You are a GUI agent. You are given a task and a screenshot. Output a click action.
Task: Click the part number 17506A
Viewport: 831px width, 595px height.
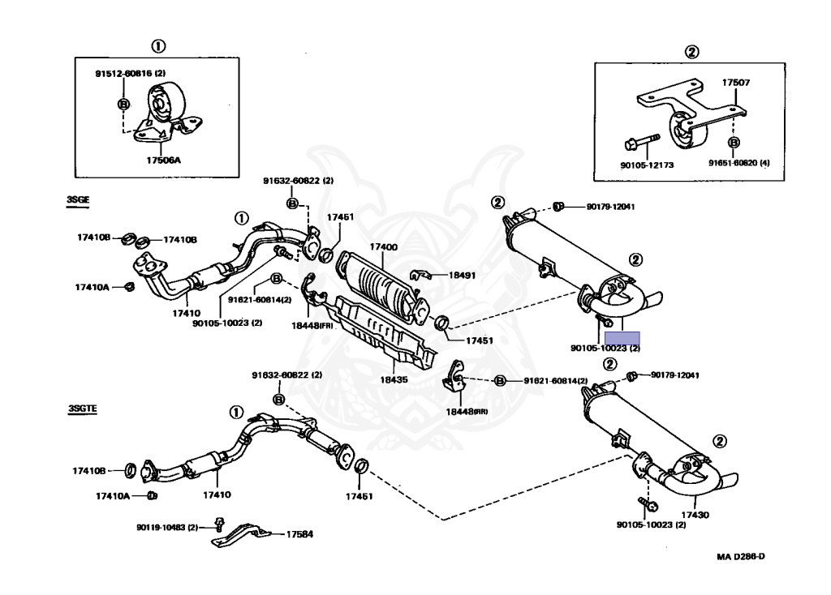(x=163, y=161)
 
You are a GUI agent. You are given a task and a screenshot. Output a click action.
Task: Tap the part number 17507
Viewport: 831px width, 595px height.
(x=736, y=82)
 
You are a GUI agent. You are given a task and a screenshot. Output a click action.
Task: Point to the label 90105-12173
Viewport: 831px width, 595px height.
(x=646, y=165)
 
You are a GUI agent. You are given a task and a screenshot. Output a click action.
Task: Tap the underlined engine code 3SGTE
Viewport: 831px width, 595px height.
(x=83, y=410)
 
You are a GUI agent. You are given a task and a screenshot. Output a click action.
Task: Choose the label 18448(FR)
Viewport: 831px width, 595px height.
(x=316, y=325)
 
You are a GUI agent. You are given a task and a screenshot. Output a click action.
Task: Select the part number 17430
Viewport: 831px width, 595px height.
(x=695, y=515)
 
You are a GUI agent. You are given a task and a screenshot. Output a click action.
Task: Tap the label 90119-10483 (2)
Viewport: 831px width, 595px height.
(x=167, y=527)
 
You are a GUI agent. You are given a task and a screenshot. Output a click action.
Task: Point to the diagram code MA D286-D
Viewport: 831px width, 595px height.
(x=740, y=556)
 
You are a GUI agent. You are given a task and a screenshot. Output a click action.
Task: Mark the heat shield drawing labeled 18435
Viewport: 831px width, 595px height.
(x=381, y=332)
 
